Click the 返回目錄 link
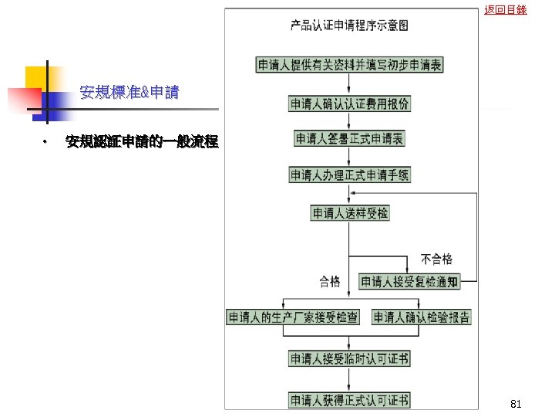tap(506, 10)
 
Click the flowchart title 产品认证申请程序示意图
tap(349, 25)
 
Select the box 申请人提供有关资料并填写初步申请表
tap(349, 65)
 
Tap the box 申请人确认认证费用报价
tap(349, 103)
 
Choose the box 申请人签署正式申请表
tap(350, 139)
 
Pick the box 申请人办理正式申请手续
tap(349, 175)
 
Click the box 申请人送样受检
tap(350, 212)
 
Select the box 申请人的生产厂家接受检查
tap(293, 317)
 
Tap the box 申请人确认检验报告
tap(422, 317)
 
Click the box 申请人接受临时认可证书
tap(349, 358)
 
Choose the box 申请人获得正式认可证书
tap(349, 400)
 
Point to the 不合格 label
tap(436, 259)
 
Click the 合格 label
tap(330, 282)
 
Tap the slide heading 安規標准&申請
tap(129, 93)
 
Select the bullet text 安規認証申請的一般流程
tap(142, 142)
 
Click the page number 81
tap(516, 404)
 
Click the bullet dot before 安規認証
tap(45, 142)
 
